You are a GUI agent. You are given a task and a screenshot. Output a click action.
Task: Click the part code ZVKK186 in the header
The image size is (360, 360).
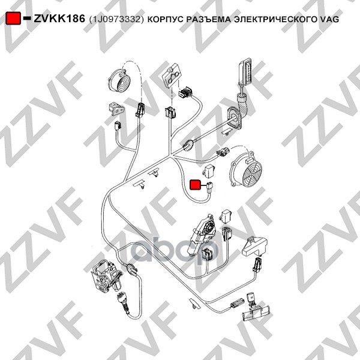coord(59,19)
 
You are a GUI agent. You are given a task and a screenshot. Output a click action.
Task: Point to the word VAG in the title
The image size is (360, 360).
coord(329,19)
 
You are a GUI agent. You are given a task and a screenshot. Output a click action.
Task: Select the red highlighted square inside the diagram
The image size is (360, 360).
coord(196,185)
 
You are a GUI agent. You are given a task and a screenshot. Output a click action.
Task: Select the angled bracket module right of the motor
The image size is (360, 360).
coord(257,248)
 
